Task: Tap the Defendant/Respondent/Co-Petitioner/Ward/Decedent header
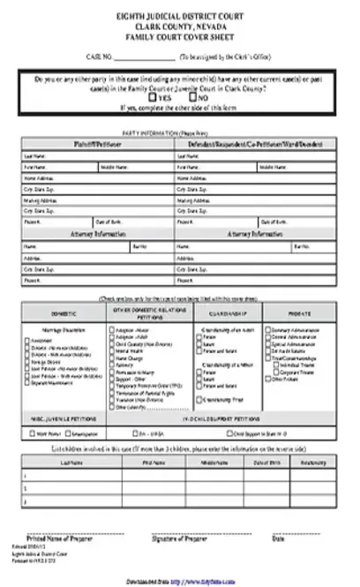pos(254,142)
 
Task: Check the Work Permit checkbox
pos(31,434)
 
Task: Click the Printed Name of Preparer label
pos(60,538)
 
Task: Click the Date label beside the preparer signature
pos(303,538)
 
